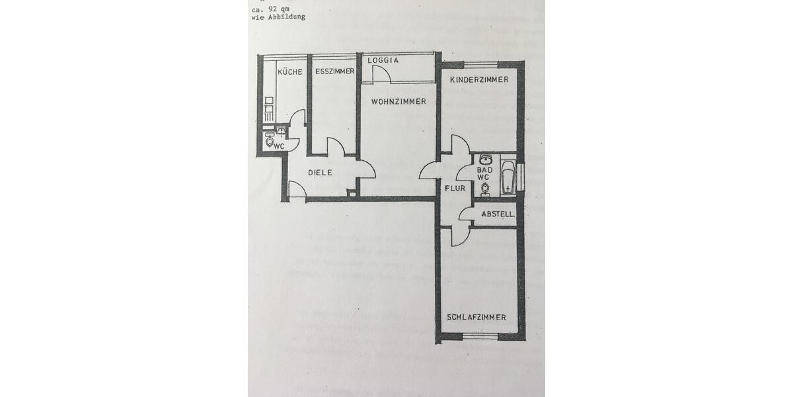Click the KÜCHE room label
(290, 71)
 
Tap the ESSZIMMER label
(334, 71)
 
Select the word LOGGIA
(383, 60)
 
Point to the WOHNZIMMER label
(398, 102)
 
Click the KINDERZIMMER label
(479, 79)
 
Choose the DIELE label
(320, 173)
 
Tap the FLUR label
(455, 189)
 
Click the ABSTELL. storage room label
(498, 214)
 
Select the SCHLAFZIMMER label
(476, 318)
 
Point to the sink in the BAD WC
(486, 159)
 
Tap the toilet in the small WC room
(269, 140)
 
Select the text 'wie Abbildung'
(278, 18)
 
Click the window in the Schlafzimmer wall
(480, 337)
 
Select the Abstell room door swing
(467, 214)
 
